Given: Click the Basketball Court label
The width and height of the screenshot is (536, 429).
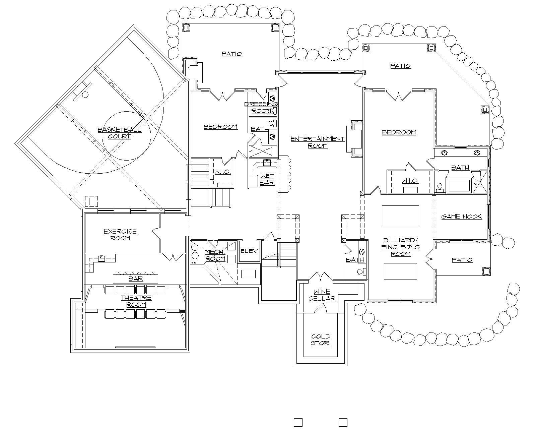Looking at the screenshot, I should pos(119,133).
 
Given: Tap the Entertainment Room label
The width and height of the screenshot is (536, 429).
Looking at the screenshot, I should pos(317,142).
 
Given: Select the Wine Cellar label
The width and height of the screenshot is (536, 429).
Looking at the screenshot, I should pos(322,295).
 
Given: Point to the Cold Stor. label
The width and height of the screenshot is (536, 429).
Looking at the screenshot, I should pos(321,340).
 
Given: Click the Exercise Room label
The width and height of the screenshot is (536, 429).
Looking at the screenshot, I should pos(120,235).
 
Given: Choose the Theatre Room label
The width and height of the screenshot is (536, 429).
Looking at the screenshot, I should pos(136,301).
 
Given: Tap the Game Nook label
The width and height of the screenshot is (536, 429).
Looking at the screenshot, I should pos(461,217).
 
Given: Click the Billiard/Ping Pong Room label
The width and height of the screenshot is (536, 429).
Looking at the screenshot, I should pos(401,247).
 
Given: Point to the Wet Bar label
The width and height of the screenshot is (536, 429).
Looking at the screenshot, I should pos(267,179).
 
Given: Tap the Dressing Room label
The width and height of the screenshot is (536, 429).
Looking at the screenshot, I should pos(261,107).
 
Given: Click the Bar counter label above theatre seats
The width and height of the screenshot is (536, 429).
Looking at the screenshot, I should pos(135,279).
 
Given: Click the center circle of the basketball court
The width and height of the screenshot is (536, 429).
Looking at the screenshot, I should pos(126,136).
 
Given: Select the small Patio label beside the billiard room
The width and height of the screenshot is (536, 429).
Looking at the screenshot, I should pos(462,260).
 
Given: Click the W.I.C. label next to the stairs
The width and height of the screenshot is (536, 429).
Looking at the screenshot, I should pos(222,172).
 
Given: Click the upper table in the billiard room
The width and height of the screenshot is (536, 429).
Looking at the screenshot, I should pos(400,216).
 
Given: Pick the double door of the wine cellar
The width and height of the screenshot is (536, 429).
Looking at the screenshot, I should pos(321,277).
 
